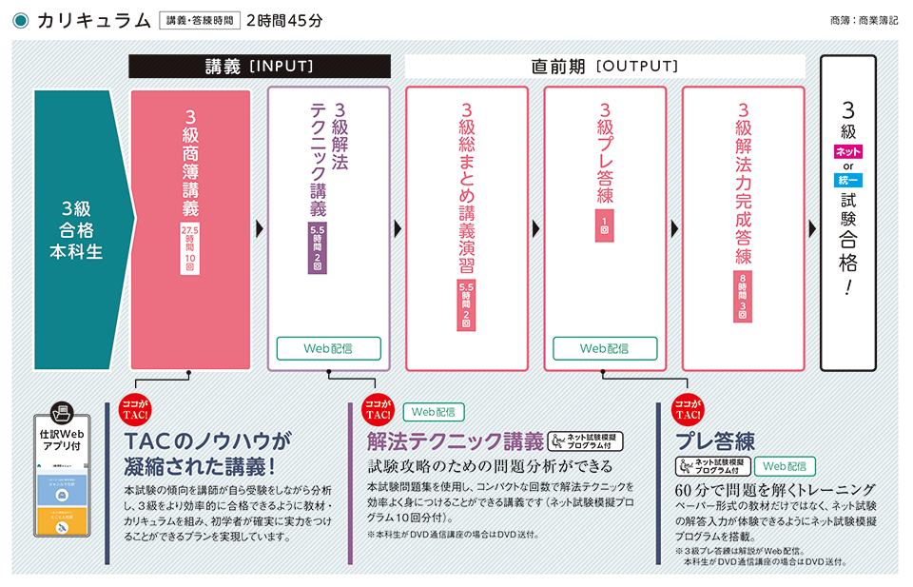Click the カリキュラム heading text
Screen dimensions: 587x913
[x=93, y=20]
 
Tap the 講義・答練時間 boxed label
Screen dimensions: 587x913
[x=199, y=20]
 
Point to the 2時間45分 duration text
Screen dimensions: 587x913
[x=283, y=20]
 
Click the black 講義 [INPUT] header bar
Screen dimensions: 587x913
[x=260, y=67]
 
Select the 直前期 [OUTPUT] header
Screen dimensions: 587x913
[x=605, y=67]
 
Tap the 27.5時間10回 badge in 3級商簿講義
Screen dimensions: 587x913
[x=189, y=249]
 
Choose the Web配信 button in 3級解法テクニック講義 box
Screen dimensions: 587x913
[x=328, y=348]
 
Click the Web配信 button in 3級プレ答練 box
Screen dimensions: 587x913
[x=605, y=348]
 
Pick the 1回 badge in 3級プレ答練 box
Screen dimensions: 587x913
[x=605, y=226]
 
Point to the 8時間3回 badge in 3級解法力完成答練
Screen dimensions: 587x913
[x=743, y=296]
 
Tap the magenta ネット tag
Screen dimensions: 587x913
[x=848, y=151]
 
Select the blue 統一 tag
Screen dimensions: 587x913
[x=848, y=181]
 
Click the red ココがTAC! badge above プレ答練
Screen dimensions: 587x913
[x=688, y=410]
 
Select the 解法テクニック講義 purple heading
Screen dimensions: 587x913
[x=456, y=441]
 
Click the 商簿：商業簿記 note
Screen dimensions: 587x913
[x=863, y=20]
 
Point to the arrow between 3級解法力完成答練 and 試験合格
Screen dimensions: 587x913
[x=812, y=228]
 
